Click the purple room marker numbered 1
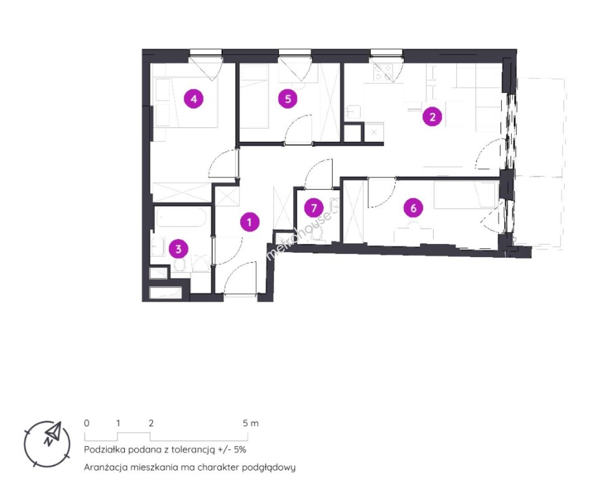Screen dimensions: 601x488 250,222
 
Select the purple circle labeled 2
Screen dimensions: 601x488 432,117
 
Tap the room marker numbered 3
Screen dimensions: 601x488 178,249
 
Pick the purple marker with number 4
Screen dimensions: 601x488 194,99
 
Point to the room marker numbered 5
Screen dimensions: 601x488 288,99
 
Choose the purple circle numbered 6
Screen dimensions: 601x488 413,208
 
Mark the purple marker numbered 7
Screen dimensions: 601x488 313,208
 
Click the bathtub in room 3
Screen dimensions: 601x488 181,217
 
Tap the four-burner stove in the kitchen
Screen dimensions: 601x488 383,72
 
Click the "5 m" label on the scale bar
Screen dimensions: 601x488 251,423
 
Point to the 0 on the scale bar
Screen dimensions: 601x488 87,423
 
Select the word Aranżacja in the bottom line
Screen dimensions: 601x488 106,467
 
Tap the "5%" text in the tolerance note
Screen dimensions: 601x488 240,450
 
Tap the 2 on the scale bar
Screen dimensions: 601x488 151,423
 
